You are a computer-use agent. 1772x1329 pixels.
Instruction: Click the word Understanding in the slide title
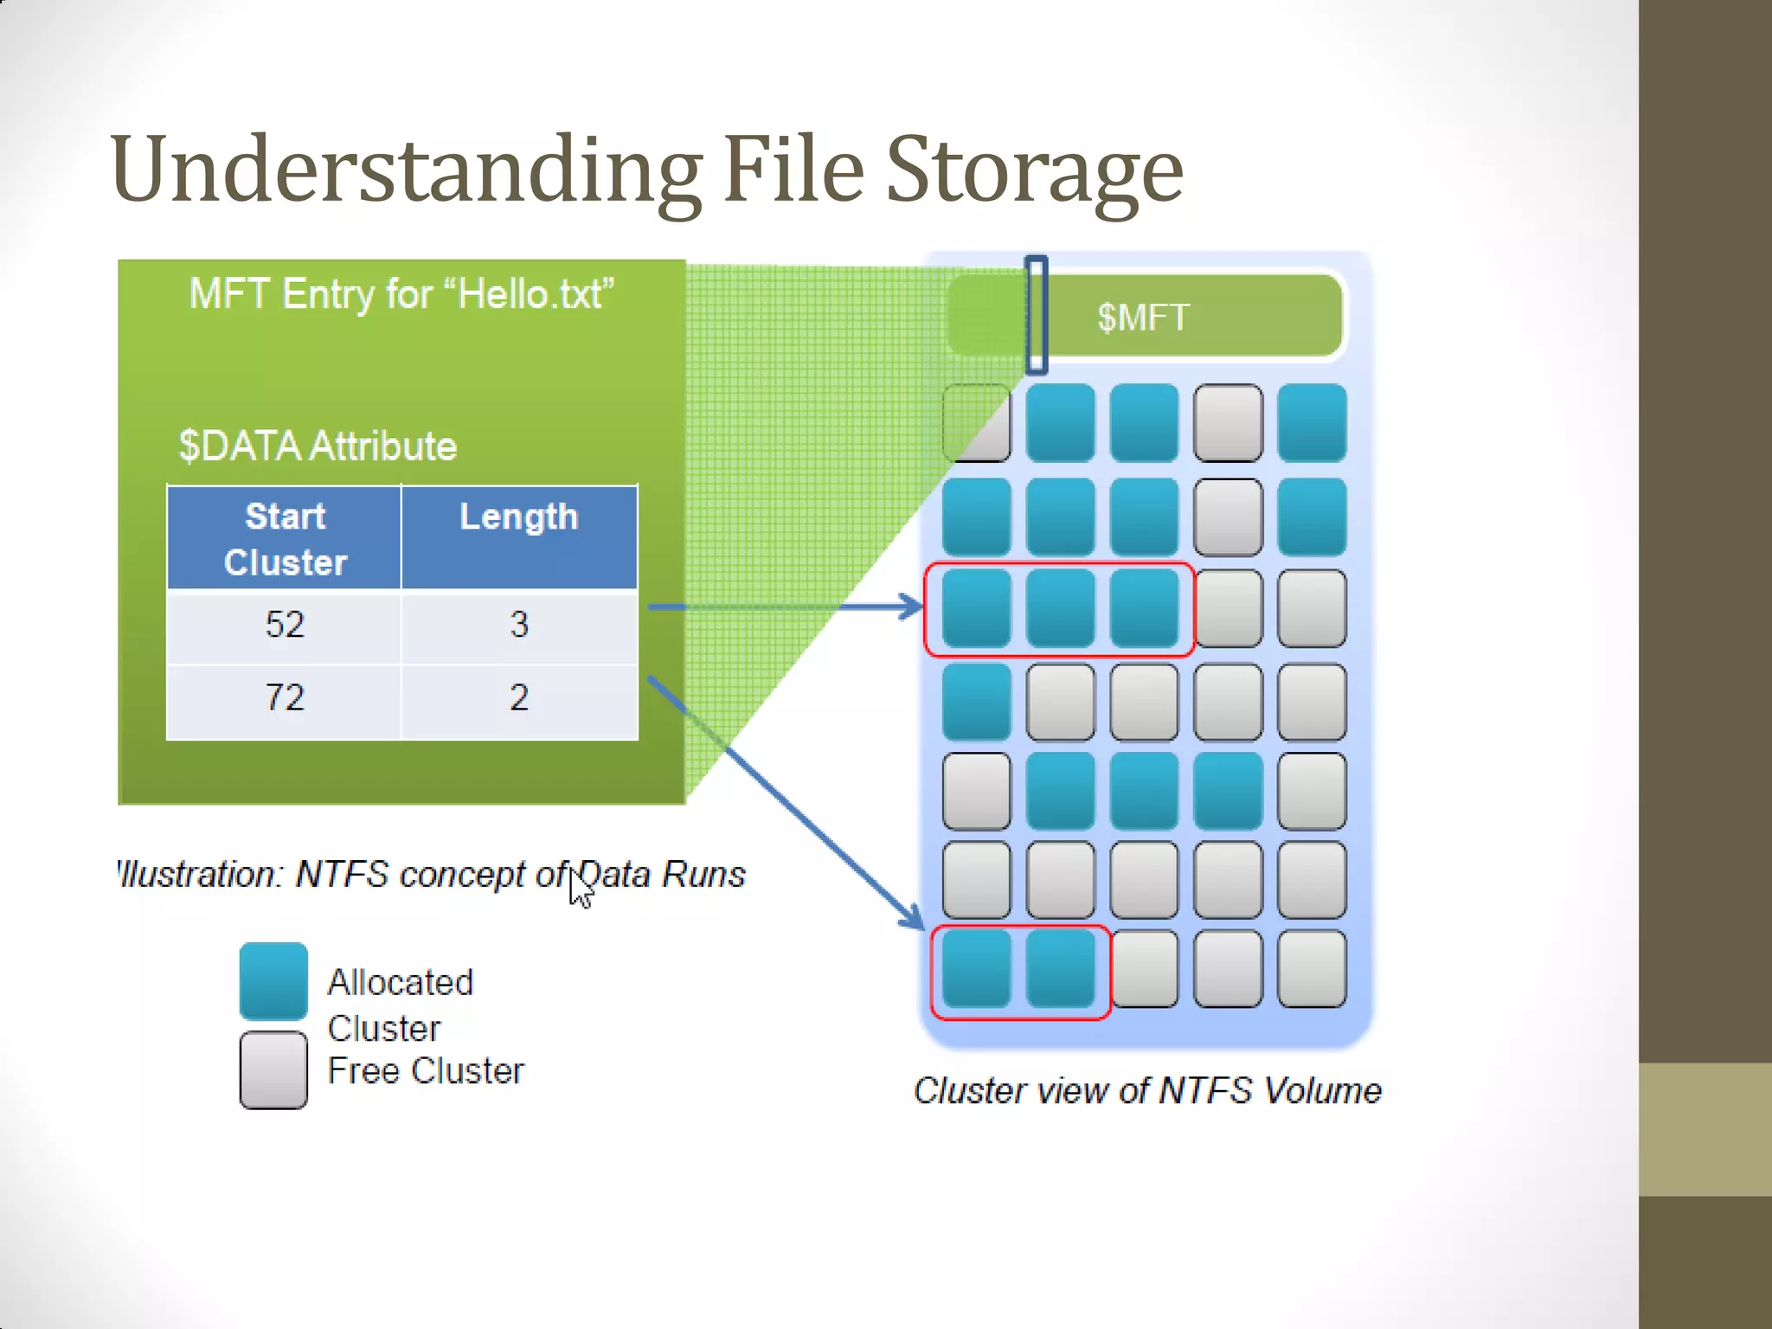click(407, 170)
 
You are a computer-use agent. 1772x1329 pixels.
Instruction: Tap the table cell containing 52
click(285, 626)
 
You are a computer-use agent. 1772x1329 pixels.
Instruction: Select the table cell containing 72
click(285, 698)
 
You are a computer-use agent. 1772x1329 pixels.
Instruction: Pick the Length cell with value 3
click(519, 626)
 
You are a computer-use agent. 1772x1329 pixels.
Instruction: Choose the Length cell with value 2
click(519, 698)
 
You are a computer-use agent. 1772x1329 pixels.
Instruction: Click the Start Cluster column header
click(285, 538)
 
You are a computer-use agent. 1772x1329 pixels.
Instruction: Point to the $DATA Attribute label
click(318, 446)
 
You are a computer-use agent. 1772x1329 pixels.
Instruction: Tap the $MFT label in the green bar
click(1143, 318)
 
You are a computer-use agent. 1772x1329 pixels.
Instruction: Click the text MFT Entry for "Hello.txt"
click(401, 294)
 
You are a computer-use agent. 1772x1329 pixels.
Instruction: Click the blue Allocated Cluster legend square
click(273, 980)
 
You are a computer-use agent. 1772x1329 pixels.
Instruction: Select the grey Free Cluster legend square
click(273, 1070)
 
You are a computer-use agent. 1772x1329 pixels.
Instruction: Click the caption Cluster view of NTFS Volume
click(1147, 1091)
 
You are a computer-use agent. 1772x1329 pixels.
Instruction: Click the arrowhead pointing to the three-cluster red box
click(913, 607)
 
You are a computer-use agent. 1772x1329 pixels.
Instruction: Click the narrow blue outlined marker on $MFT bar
click(1036, 315)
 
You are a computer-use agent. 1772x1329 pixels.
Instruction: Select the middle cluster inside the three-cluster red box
click(1060, 609)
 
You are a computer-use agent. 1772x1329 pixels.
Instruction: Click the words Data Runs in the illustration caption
click(662, 875)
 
